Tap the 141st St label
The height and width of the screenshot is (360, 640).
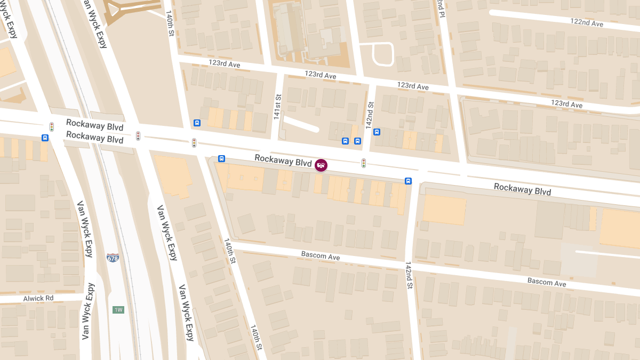[x=277, y=107]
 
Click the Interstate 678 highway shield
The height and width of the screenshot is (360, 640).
[x=113, y=258]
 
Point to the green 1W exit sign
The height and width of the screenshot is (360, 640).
[x=118, y=310]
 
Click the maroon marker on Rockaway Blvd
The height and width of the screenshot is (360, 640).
[x=321, y=165]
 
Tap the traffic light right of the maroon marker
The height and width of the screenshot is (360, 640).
[x=364, y=163]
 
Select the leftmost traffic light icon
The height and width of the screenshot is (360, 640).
[x=52, y=127]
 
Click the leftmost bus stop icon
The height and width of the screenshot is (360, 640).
[x=45, y=138]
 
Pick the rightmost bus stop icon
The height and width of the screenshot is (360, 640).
[x=408, y=181]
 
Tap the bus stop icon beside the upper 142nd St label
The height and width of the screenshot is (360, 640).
[x=377, y=132]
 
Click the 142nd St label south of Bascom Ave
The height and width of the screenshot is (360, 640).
[x=409, y=275]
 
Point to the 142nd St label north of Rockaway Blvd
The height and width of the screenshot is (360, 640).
[x=369, y=115]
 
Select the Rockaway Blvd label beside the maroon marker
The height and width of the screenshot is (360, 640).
[x=283, y=161]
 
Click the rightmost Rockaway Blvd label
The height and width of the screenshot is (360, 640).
[x=522, y=189]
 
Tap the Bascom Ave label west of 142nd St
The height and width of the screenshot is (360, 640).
[x=321, y=257]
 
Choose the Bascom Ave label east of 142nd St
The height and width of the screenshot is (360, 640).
[x=547, y=282]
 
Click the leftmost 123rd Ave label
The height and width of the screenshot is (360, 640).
[x=224, y=65]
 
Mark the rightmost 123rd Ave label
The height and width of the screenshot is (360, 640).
[x=566, y=104]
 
